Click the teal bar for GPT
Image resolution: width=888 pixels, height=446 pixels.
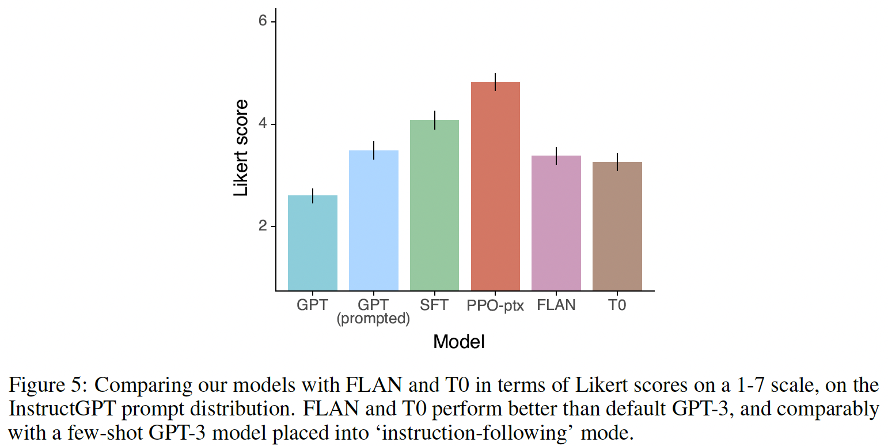313,243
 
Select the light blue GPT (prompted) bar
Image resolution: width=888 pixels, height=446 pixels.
374,220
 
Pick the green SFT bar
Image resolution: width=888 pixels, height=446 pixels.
434,205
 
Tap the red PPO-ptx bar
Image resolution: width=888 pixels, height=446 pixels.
495,186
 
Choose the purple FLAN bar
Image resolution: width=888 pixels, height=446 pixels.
556,222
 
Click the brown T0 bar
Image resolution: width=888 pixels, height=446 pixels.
617,226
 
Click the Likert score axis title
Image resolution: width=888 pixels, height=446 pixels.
241,148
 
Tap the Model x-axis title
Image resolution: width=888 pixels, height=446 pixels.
459,342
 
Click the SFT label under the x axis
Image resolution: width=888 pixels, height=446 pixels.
434,305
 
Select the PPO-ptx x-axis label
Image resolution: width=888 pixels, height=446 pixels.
495,305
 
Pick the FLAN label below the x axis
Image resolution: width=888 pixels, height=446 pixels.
556,305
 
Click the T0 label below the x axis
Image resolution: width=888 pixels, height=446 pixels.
617,305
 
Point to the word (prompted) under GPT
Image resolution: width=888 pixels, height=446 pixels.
373,319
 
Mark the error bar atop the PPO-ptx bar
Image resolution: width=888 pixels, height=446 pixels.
495,82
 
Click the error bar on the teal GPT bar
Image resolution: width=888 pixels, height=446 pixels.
313,196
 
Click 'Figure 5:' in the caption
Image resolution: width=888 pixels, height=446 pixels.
46,385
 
